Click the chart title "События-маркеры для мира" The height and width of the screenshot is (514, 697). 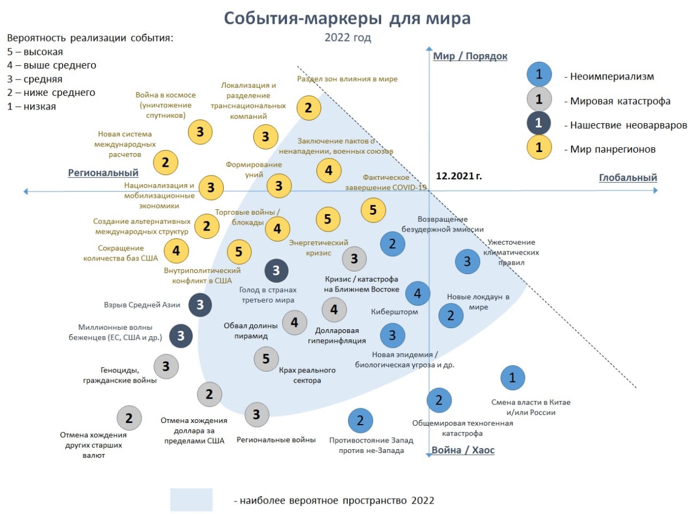[347, 19]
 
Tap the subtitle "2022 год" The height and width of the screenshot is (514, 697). [347, 38]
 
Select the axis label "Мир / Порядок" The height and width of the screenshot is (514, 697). [470, 56]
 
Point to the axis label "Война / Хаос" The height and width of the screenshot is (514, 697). [463, 450]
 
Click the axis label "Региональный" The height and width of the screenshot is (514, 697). [103, 173]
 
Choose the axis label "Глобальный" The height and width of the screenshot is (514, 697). [628, 178]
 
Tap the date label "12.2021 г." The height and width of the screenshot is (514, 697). [458, 176]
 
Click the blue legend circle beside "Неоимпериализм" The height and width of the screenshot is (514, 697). [539, 74]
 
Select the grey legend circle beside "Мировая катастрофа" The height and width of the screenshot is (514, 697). [539, 99]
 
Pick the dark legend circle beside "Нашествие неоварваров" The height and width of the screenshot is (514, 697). [539, 123]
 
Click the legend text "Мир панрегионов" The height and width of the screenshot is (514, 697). [613, 149]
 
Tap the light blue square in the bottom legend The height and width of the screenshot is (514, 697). [191, 500]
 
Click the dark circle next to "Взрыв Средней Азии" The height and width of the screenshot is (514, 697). [200, 305]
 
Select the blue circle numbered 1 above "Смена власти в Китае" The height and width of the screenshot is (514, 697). [512, 378]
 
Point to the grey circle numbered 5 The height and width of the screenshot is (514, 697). [266, 359]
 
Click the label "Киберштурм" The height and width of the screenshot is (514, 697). [394, 312]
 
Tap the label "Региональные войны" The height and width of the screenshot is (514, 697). [276, 440]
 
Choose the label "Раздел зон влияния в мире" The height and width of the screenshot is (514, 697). [347, 79]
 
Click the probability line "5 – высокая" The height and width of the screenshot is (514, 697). [35, 52]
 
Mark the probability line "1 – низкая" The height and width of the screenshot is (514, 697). [32, 106]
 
